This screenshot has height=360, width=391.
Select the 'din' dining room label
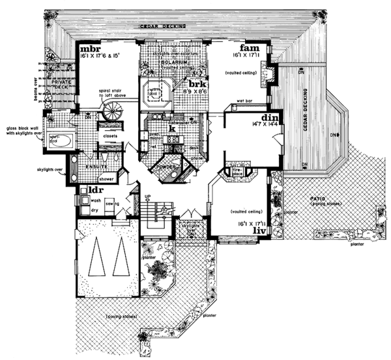click(x=271, y=115)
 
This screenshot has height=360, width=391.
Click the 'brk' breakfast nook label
click(x=197, y=83)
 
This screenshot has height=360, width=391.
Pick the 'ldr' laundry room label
click(x=88, y=191)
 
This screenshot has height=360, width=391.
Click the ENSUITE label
click(x=87, y=167)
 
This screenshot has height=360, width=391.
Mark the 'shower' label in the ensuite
click(x=106, y=177)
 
